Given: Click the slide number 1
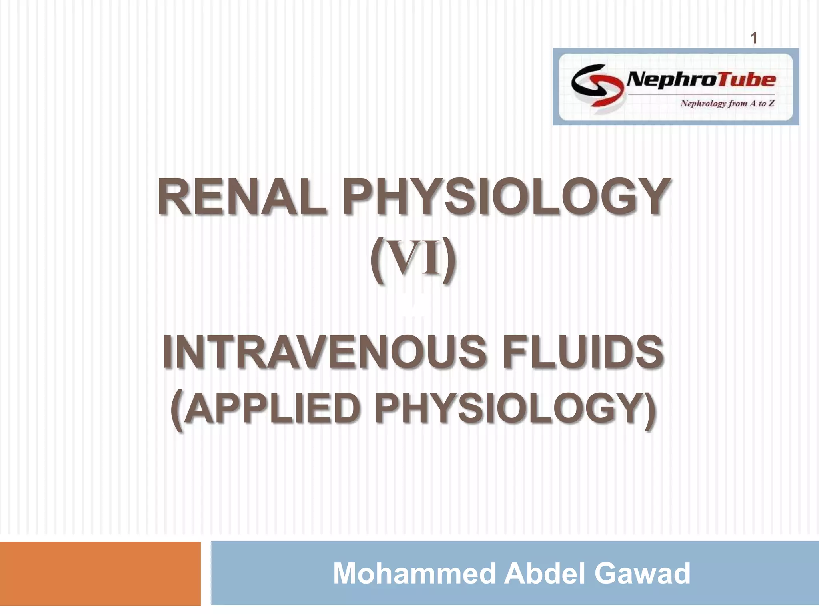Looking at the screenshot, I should click(754, 38).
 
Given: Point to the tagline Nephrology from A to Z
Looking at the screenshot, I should click(727, 104).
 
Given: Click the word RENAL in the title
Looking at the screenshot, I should click(242, 197).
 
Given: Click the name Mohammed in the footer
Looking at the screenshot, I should click(414, 573).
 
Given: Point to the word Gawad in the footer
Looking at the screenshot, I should click(642, 573).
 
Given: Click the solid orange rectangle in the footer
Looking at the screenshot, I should click(100, 573).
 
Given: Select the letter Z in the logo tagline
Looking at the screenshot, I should click(771, 104).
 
